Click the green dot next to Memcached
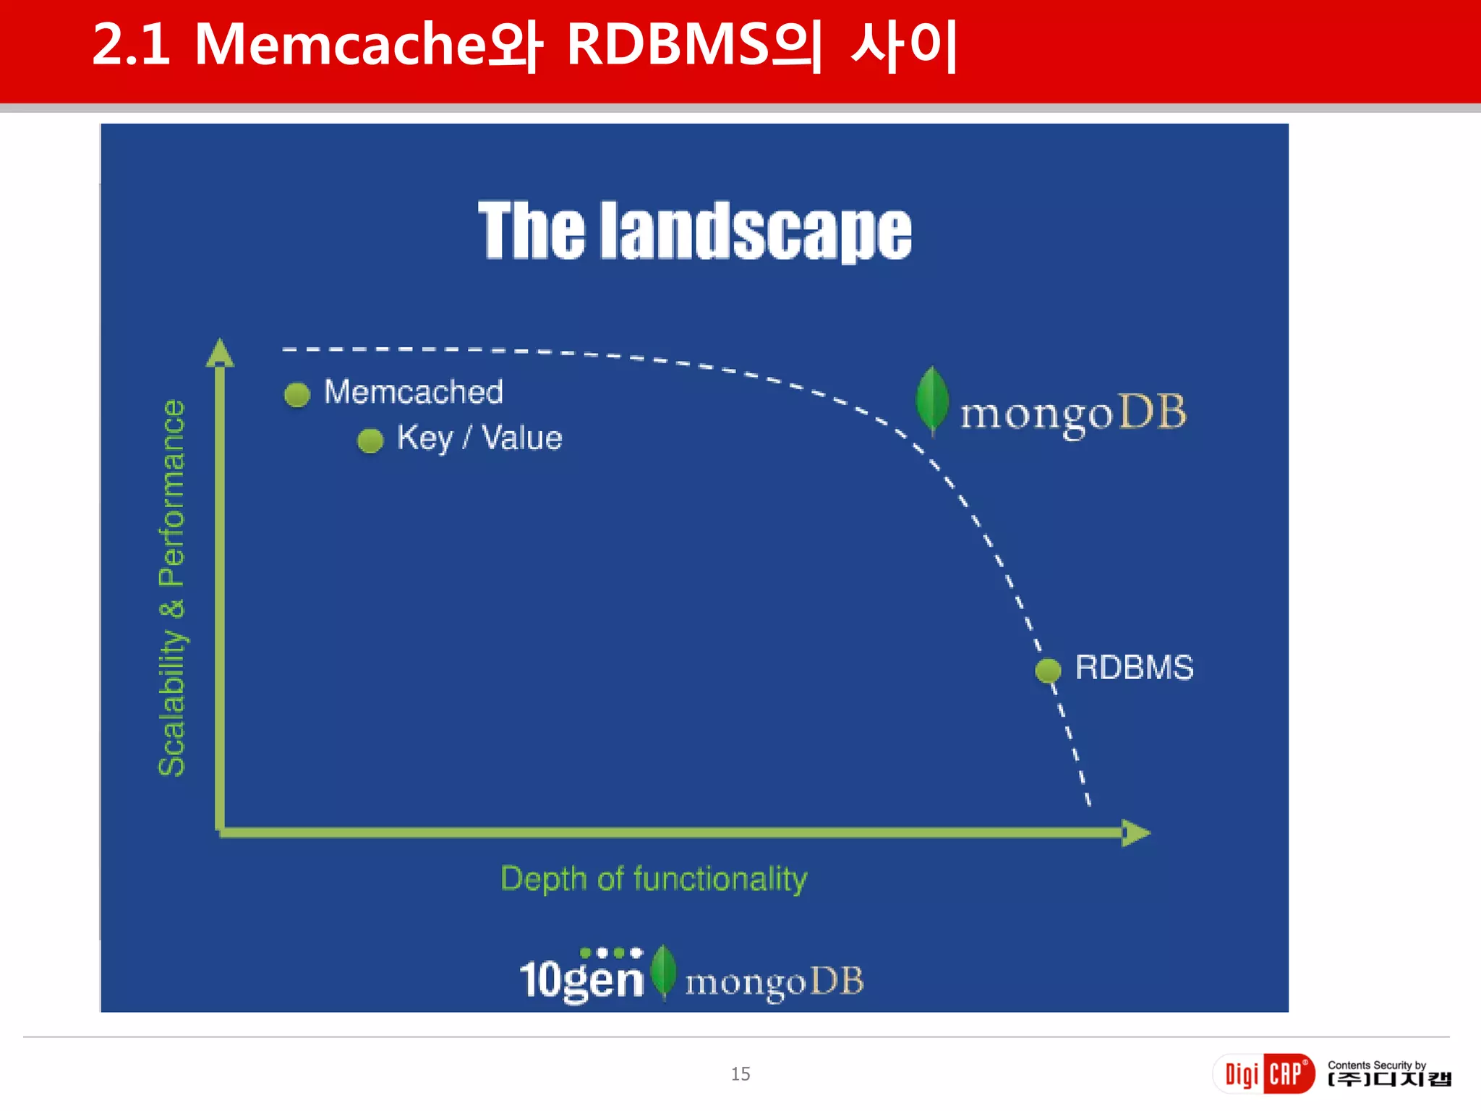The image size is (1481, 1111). tap(297, 394)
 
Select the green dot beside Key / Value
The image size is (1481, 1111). tap(370, 440)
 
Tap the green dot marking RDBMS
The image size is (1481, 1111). tap(1048, 670)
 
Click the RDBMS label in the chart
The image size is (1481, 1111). tap(1133, 667)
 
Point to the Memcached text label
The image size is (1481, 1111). tap(413, 392)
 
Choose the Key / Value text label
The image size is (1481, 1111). tap(479, 438)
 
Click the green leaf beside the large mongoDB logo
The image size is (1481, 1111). tap(932, 400)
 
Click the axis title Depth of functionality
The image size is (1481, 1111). tap(654, 879)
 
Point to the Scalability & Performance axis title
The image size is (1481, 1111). tap(172, 587)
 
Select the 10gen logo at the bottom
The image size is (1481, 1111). tap(581, 976)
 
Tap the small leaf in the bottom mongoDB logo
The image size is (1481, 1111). tap(663, 971)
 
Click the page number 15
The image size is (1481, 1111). tap(740, 1073)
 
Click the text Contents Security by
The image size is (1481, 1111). tap(1376, 1065)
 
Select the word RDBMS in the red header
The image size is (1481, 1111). tap(668, 45)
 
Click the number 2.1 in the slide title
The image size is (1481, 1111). tap(132, 45)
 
